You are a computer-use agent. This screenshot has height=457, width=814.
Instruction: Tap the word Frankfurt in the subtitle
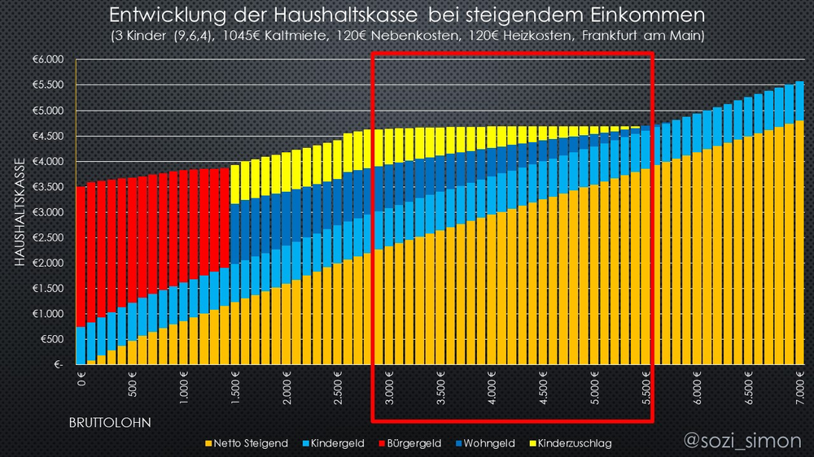click(613, 37)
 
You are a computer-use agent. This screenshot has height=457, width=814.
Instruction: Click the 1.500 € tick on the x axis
click(235, 386)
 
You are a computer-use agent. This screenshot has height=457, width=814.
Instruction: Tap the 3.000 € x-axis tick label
click(390, 386)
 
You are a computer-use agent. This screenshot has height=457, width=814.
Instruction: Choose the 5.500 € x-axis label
click(648, 386)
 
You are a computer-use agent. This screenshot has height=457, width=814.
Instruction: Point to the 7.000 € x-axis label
click(800, 386)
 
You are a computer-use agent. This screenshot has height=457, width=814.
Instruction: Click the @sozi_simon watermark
click(742, 440)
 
